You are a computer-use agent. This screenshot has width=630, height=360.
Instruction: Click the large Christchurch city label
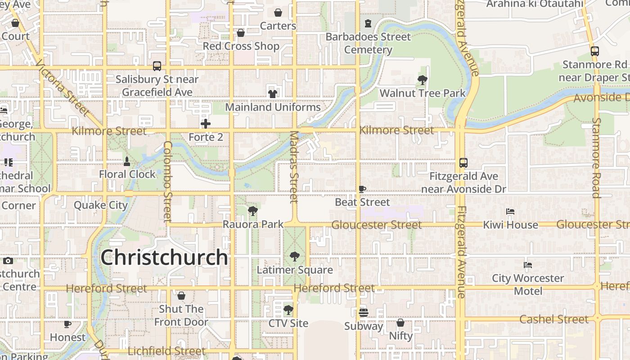pos(164,257)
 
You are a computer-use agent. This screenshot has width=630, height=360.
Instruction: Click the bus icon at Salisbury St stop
pos(157,66)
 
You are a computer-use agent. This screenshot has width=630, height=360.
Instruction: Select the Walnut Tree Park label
pos(423,93)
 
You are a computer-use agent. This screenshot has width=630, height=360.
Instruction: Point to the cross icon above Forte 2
pos(206,124)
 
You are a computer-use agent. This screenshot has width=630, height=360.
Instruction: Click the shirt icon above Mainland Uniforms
pos(272,94)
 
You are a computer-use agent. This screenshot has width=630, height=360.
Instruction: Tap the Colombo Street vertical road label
pos(167,181)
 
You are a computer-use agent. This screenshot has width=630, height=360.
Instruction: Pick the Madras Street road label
pos(294,166)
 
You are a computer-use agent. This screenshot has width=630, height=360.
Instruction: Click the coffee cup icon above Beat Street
pos(362,189)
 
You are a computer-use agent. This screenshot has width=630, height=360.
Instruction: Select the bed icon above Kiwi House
pos(510,211)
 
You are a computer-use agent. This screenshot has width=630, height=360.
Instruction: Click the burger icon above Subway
pos(364,312)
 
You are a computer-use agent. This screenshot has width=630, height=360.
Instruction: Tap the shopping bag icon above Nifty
pos(400,323)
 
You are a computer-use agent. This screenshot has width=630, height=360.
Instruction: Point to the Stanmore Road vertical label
pos(596,157)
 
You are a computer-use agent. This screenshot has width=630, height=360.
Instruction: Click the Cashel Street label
pos(554,319)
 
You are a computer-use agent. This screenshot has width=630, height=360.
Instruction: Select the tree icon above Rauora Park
pos(253,211)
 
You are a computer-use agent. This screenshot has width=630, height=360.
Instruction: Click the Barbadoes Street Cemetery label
pos(368,43)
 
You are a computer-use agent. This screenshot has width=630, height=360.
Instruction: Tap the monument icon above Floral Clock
pos(127,161)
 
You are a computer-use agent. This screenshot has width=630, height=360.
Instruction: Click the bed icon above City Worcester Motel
pos(528,265)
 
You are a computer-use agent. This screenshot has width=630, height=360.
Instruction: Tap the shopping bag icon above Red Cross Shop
pos(241,33)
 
